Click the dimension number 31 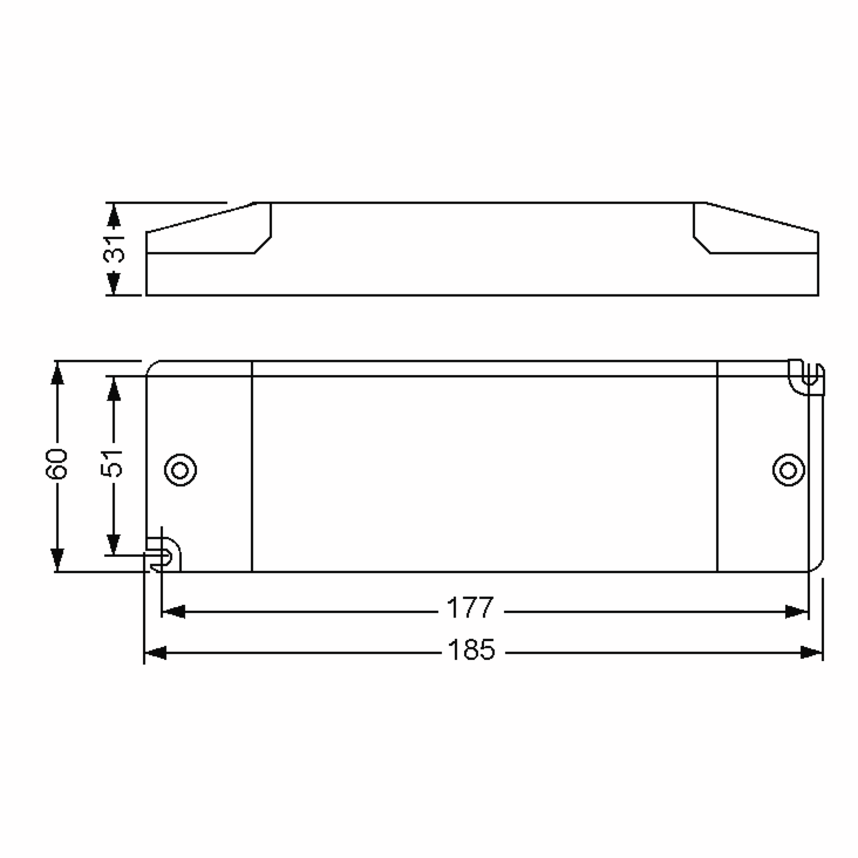(x=114, y=249)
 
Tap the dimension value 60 (x=56, y=464)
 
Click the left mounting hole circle (x=180, y=470)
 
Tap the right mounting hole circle (x=788, y=470)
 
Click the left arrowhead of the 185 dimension (x=156, y=653)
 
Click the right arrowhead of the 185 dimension (x=812, y=653)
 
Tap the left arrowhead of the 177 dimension (x=173, y=612)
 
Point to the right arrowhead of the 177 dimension (x=796, y=612)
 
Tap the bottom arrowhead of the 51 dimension (x=114, y=544)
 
